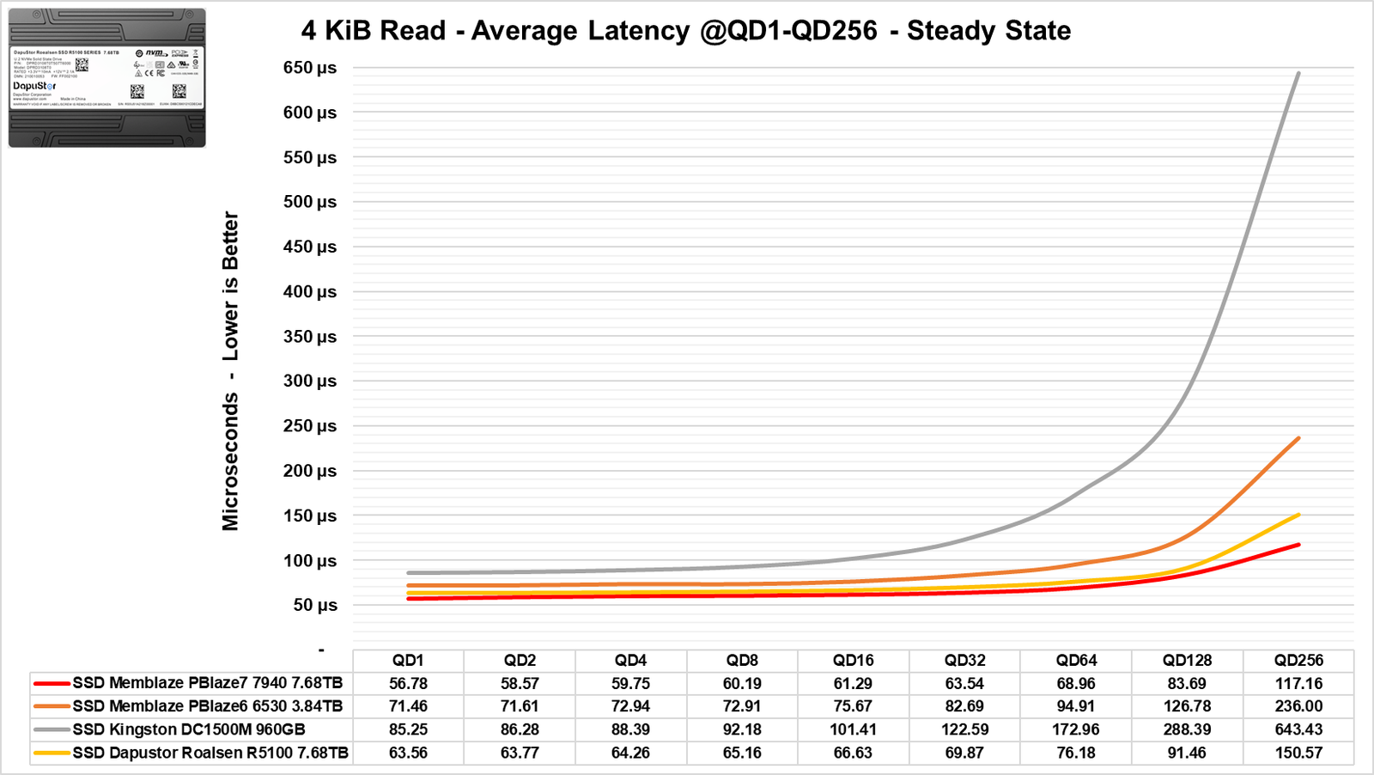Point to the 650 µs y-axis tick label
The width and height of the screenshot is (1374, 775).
click(x=309, y=68)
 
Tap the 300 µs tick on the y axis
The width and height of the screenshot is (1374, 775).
click(x=309, y=381)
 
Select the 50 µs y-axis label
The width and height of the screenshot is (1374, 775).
click(x=314, y=605)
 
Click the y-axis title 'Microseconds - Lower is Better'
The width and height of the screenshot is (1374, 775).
click(x=230, y=370)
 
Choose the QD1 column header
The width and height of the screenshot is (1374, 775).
click(x=408, y=660)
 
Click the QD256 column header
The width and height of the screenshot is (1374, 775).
click(x=1298, y=660)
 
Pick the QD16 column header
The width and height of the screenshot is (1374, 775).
click(x=853, y=660)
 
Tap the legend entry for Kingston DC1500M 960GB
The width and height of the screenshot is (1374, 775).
click(x=189, y=729)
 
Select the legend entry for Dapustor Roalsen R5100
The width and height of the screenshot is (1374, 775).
click(x=210, y=753)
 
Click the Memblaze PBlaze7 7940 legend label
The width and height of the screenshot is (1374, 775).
click(x=207, y=683)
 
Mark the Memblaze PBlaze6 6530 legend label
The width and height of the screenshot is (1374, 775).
click(x=207, y=706)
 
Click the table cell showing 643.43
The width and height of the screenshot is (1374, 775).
click(x=1298, y=729)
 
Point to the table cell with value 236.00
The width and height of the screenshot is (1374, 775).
click(x=1298, y=706)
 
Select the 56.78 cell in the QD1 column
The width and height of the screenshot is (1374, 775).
click(x=408, y=683)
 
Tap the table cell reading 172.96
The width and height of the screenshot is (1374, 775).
click(x=1076, y=729)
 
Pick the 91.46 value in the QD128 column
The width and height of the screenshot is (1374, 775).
click(x=1187, y=753)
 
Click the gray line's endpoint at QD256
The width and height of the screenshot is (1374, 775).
click(x=1298, y=73)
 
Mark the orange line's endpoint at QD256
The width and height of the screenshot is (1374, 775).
click(x=1298, y=438)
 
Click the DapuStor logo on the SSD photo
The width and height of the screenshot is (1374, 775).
click(x=34, y=86)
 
